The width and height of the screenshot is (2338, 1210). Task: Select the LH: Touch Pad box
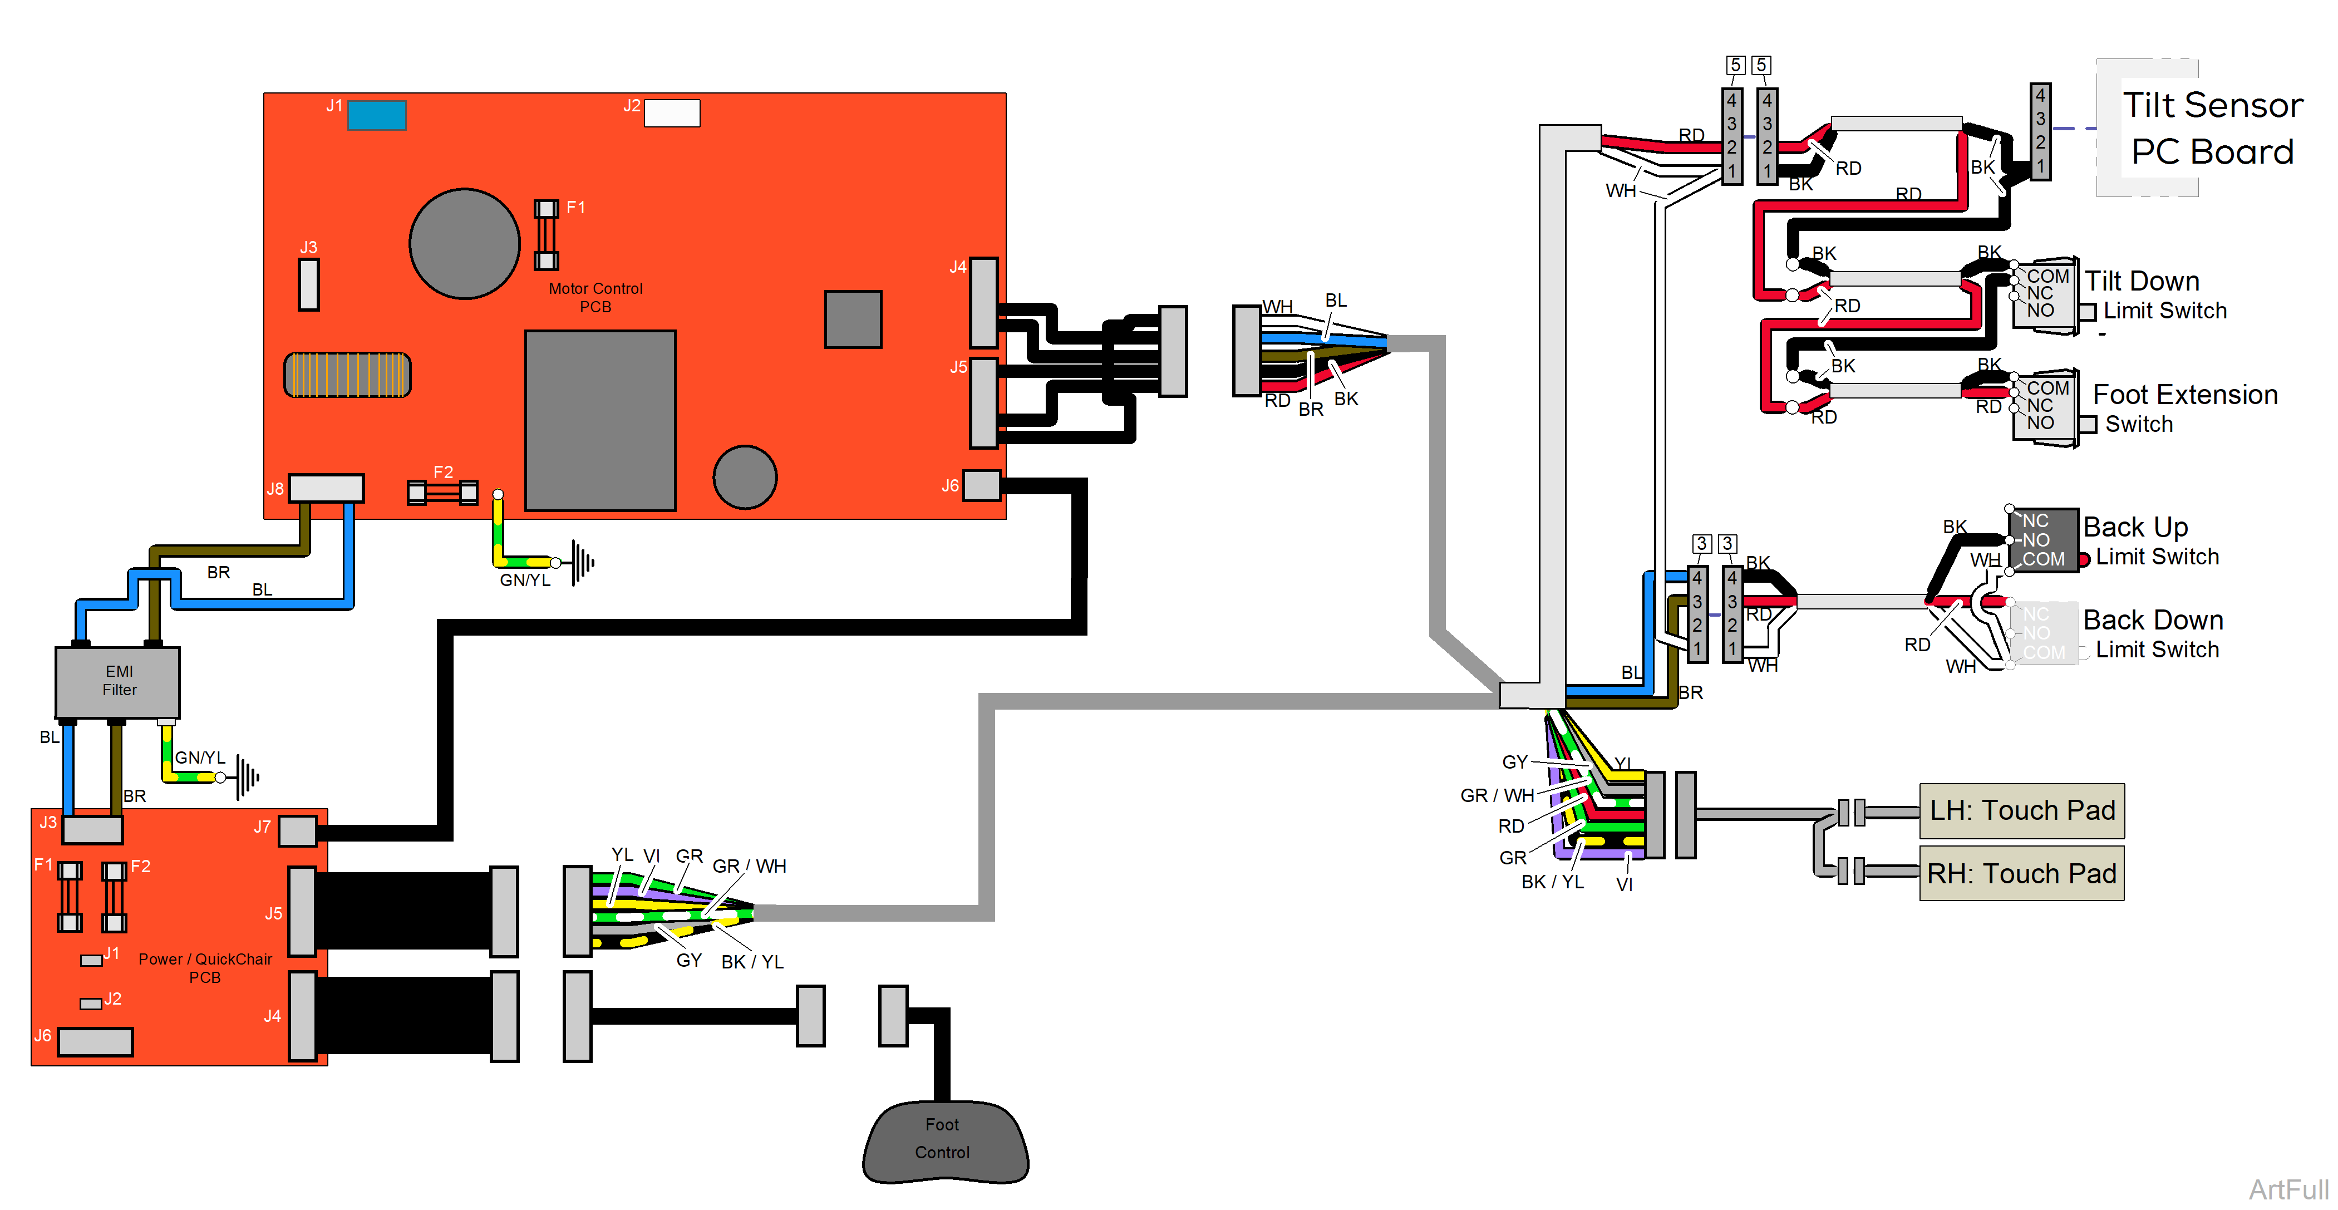click(x=2021, y=810)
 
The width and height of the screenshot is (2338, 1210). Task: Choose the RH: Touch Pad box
click(x=2021, y=873)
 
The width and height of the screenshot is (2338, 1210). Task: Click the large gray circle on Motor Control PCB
click(x=465, y=243)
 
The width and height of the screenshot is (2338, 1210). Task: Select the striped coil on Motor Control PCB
click(x=348, y=375)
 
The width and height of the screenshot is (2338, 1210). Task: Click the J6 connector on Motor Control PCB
click(x=981, y=486)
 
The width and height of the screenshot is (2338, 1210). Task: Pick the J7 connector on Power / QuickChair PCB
click(x=298, y=830)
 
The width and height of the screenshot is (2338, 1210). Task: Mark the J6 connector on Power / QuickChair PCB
click(x=95, y=1041)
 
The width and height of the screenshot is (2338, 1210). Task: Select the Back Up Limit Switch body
click(x=2043, y=540)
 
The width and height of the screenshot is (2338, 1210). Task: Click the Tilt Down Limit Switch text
click(x=2155, y=295)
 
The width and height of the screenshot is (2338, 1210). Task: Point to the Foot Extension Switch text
click(x=2184, y=409)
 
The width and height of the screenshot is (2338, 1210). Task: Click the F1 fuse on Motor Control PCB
click(x=545, y=234)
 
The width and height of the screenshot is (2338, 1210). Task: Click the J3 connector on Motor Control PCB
click(x=308, y=284)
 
